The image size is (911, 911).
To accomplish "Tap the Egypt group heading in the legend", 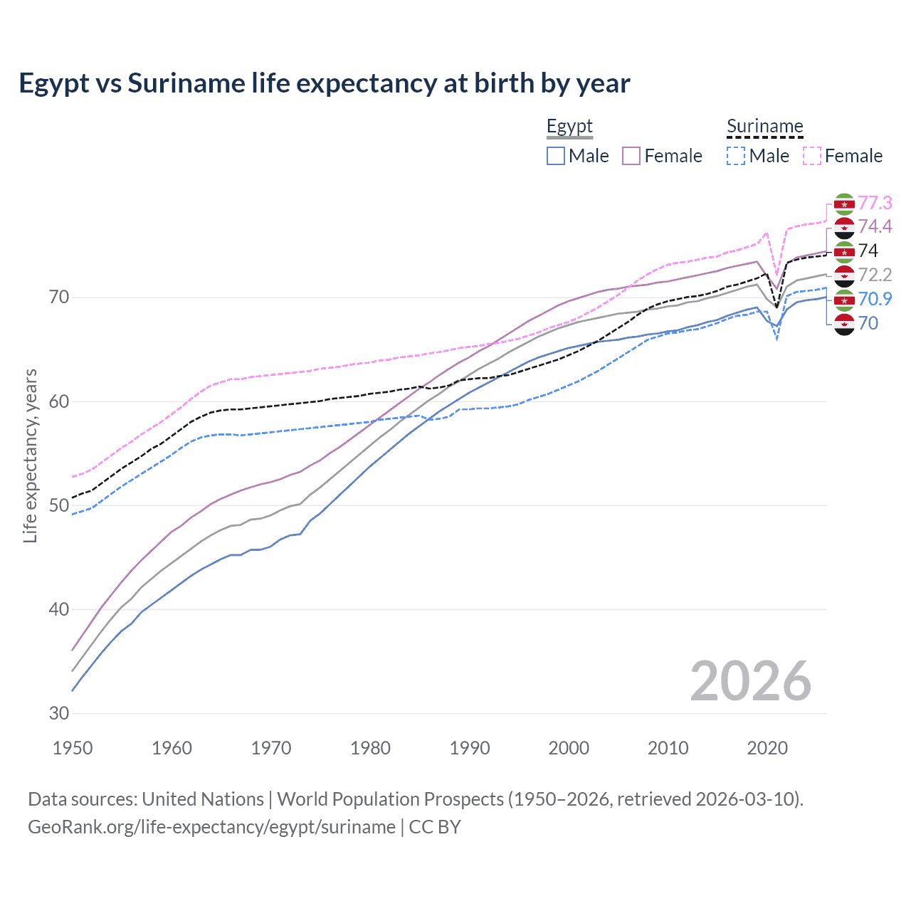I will click(569, 127).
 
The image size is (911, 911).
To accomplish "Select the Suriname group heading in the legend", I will click(764, 127).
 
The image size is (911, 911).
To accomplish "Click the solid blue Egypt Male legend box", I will click(556, 156).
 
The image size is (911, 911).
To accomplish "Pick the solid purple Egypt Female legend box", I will click(631, 156).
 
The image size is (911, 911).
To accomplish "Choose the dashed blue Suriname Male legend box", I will click(736, 156).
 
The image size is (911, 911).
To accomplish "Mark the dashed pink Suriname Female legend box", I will click(812, 156).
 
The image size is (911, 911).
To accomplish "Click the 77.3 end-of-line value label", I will click(875, 203).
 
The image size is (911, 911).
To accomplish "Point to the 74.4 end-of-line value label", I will click(875, 226).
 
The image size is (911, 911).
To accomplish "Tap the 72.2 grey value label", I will click(875, 275).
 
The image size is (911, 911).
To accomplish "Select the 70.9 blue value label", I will click(875, 299).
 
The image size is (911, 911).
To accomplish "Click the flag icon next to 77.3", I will click(844, 204).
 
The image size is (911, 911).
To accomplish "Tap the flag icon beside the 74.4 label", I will click(844, 228).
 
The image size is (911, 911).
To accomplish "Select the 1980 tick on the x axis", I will click(370, 748).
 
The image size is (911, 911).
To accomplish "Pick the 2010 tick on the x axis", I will click(668, 748).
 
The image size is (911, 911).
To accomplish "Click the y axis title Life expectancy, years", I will click(30, 455).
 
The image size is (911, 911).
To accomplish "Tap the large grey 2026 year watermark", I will click(750, 681).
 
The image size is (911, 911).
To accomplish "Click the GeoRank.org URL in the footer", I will click(211, 827).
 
